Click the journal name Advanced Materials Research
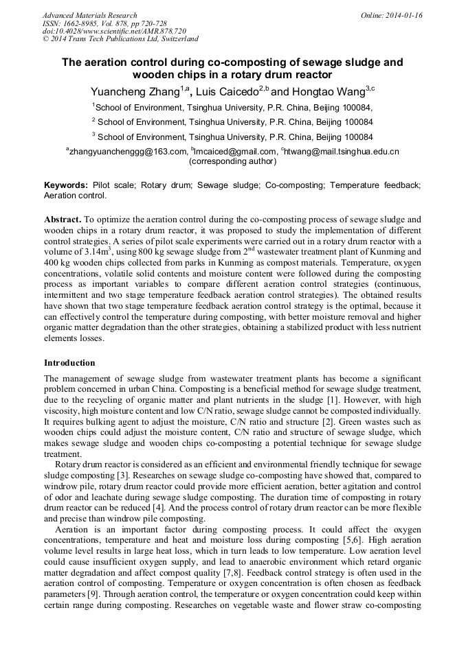point(89,15)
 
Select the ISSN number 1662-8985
point(79,23)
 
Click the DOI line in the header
point(114,32)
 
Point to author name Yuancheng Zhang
point(135,91)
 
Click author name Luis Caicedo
point(227,91)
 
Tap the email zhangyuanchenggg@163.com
point(128,152)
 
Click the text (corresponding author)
point(232,162)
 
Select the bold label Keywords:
point(66,186)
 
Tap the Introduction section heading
point(70,363)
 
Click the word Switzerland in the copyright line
point(178,40)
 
